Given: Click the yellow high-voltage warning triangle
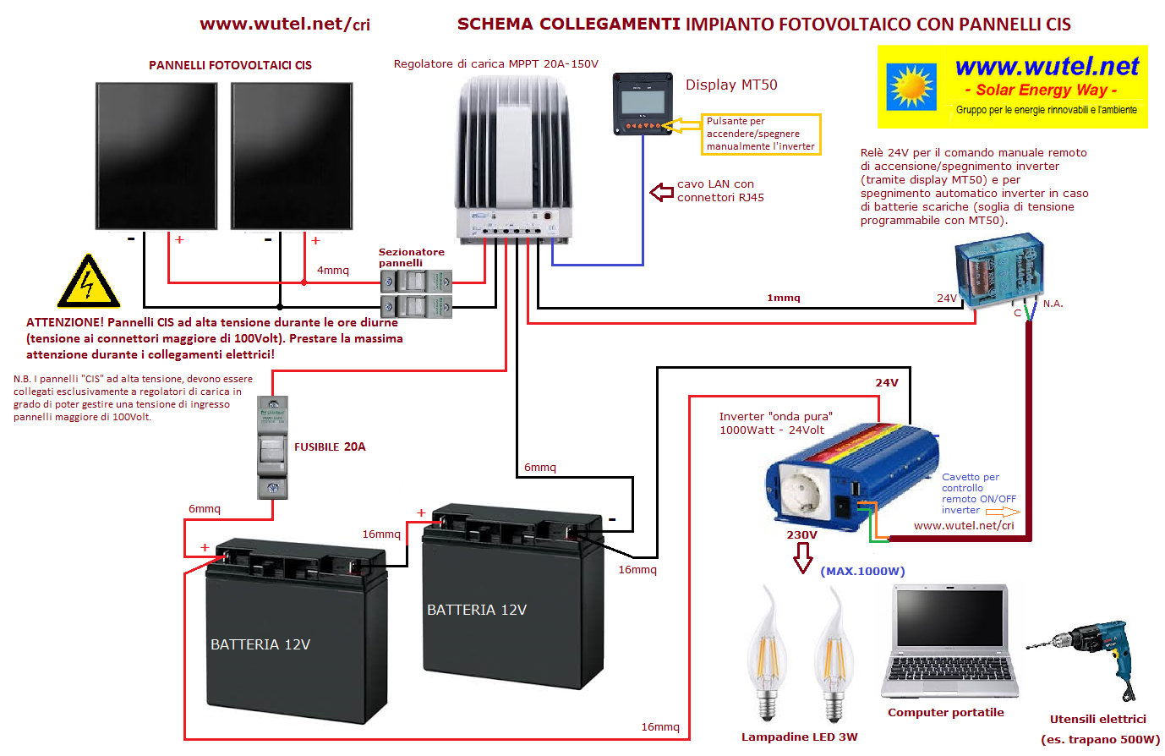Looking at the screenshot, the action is point(89,282).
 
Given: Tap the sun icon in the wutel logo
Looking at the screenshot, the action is point(911,87).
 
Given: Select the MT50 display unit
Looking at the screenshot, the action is point(643,104).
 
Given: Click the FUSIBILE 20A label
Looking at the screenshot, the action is point(330,447).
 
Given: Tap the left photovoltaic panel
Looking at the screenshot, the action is point(156,156).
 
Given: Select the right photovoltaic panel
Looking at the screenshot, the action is point(292,156).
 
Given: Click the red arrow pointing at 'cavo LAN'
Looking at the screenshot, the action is point(662,192).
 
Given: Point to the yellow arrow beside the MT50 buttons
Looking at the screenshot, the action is point(681,125).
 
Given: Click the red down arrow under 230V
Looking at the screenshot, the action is point(802,558).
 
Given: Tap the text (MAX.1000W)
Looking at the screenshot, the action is point(862,572).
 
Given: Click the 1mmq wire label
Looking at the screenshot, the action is point(783,298).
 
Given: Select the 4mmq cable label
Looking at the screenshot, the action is point(333,271).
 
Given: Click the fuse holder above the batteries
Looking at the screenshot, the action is point(272,447).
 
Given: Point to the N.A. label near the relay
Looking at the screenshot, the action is point(1053,304).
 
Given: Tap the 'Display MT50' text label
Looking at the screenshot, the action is point(731,85).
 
